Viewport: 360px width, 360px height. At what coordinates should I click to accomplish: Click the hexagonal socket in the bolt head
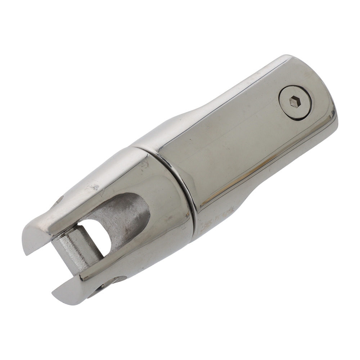(x=295, y=102)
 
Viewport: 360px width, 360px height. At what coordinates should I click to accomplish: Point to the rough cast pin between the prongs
(x=74, y=248)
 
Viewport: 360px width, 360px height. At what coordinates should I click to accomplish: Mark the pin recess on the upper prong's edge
(x=59, y=200)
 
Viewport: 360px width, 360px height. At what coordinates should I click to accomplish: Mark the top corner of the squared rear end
(x=288, y=58)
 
